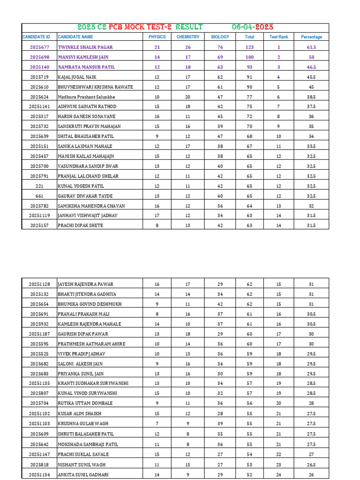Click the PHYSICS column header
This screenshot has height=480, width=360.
tap(157, 37)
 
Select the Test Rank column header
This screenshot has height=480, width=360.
tap(278, 37)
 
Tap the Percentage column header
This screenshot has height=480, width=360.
tap(311, 37)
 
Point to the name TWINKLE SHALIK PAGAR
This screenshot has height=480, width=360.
tap(85, 47)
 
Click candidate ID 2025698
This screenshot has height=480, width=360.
tap(39, 57)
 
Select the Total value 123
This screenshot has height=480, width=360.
tap(249, 47)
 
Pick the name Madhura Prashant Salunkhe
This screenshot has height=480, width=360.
tap(86, 97)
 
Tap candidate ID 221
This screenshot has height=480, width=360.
tap(39, 186)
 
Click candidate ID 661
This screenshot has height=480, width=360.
tap(39, 196)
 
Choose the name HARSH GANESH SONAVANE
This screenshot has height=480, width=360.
tap(86, 116)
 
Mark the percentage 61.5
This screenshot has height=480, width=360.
tap(311, 47)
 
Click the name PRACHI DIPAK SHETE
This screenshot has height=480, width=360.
tap(80, 225)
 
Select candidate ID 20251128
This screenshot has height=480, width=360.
tap(39, 284)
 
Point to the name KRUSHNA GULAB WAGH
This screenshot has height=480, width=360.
tap(83, 424)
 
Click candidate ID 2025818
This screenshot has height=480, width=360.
tap(39, 464)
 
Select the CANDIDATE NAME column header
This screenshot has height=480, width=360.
tap(75, 37)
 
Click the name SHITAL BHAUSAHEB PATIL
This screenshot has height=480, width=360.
tap(85, 136)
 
